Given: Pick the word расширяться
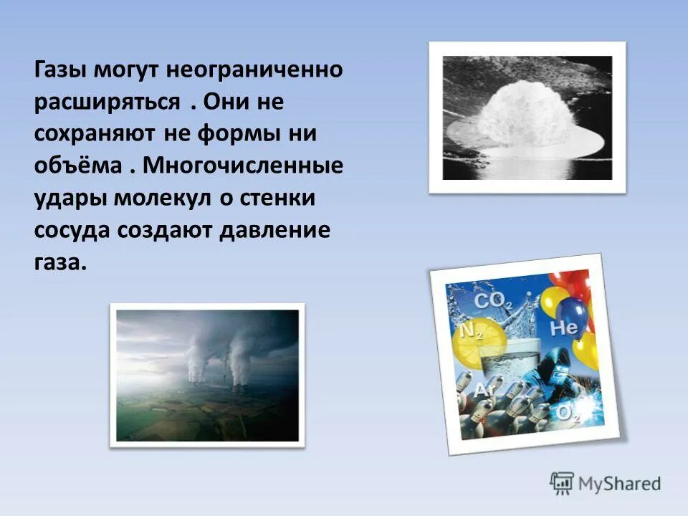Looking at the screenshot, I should (x=107, y=103).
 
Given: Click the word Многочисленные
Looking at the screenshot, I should (x=243, y=166).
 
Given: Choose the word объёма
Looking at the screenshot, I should (x=78, y=166).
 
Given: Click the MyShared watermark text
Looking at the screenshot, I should (x=621, y=484).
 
